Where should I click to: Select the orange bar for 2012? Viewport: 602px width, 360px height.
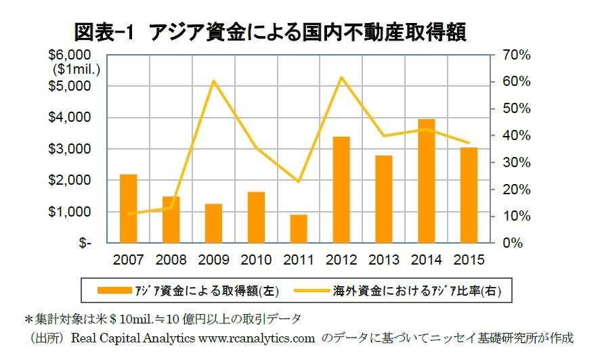click(x=341, y=189)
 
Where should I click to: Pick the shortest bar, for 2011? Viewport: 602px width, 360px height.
click(x=299, y=229)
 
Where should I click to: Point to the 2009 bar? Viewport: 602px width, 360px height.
click(x=213, y=223)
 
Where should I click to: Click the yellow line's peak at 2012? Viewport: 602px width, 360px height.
click(x=341, y=76)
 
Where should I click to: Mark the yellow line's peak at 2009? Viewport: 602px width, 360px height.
click(x=213, y=81)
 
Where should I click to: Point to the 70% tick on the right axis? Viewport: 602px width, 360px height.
click(x=514, y=55)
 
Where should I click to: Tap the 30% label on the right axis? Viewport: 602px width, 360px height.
click(x=514, y=162)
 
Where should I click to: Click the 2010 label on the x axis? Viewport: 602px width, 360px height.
click(x=256, y=261)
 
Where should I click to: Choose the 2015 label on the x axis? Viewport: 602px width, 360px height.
click(x=469, y=261)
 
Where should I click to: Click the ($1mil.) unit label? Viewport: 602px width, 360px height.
click(x=77, y=68)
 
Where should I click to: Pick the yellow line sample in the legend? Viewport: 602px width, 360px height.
click(x=312, y=291)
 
